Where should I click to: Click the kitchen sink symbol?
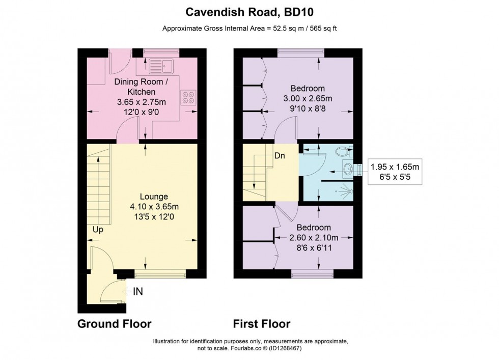pos(161,65)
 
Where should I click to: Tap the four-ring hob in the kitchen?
pos(188,97)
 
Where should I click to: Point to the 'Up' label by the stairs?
pos(98,230)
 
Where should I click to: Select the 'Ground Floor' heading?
pos(114,323)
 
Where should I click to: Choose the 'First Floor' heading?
pos(262,323)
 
